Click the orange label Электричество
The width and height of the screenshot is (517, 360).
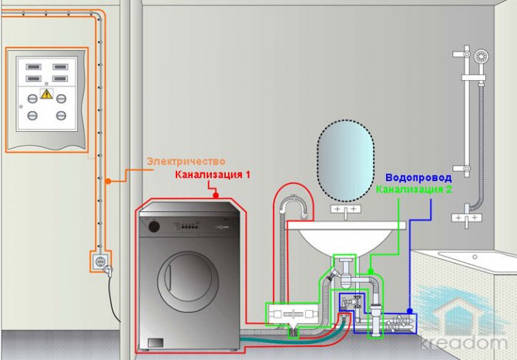[x=186, y=162]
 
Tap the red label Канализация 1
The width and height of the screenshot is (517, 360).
[x=213, y=174]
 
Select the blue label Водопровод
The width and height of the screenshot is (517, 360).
[x=418, y=177]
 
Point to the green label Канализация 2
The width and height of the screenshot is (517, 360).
[x=414, y=190]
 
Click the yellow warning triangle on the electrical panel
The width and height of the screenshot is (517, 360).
[x=46, y=94]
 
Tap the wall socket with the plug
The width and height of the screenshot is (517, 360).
[x=100, y=262]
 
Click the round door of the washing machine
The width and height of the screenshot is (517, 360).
[x=188, y=278]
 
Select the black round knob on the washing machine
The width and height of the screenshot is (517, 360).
[x=154, y=227]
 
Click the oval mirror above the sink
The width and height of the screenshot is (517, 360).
[x=345, y=160]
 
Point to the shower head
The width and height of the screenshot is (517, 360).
[x=482, y=56]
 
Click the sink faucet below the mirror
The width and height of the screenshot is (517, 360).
[x=345, y=211]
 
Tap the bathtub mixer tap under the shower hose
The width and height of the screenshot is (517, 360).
[x=467, y=217]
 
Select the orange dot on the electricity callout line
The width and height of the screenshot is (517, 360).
[x=108, y=181]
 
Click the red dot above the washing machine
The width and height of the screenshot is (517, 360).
[x=216, y=196]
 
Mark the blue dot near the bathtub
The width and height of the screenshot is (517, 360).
[x=409, y=311]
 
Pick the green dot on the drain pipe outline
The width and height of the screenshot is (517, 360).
[x=371, y=271]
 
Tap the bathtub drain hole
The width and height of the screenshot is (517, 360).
[x=475, y=257]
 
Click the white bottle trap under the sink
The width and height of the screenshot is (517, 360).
[x=345, y=274]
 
